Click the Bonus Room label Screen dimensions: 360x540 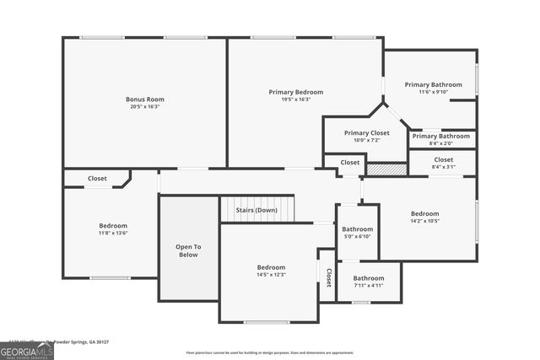(145, 99)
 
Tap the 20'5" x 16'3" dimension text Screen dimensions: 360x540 (145, 107)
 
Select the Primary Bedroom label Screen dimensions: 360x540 (295, 92)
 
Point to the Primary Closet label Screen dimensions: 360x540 (366, 132)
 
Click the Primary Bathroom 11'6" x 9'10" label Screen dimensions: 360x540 (433, 84)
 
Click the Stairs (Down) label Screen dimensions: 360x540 (256, 210)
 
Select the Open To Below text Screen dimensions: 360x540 (188, 250)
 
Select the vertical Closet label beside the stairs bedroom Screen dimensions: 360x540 (328, 277)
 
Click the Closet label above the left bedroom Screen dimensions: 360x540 (97, 179)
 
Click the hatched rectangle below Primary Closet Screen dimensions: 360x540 (387, 169)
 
